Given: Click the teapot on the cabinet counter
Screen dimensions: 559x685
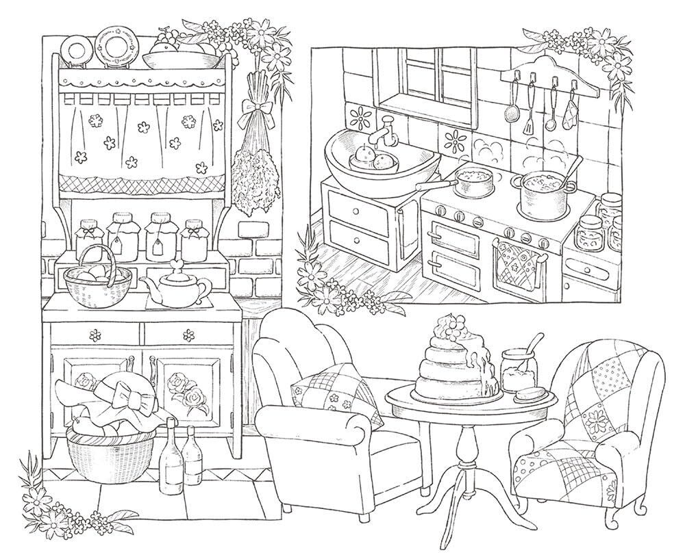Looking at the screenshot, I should click(x=177, y=288).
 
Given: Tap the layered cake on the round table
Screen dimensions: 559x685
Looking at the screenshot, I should click(x=452, y=366).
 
